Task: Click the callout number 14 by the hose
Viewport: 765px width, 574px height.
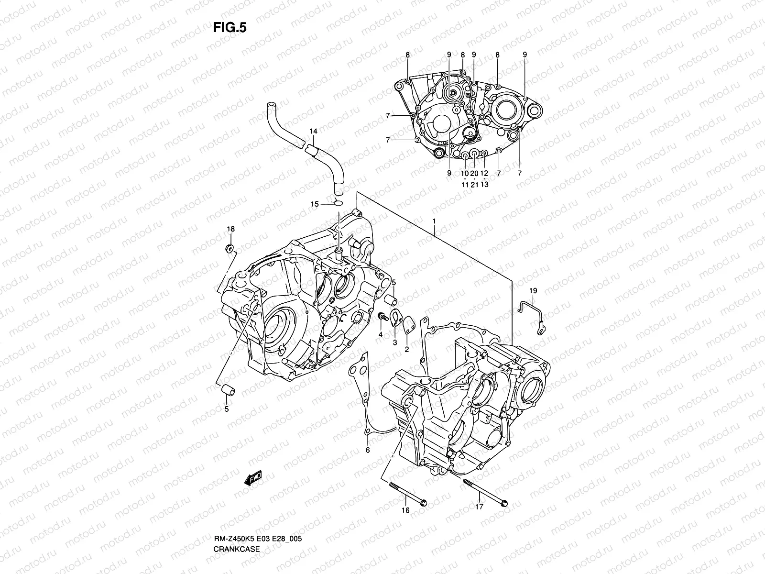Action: pos(313,131)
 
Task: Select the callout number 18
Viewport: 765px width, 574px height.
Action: pos(230,230)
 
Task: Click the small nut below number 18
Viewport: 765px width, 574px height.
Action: pos(230,248)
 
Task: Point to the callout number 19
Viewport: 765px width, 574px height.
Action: pos(533,290)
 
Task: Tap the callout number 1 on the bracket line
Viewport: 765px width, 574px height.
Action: pos(434,222)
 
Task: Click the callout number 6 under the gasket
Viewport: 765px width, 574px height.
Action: pos(368,450)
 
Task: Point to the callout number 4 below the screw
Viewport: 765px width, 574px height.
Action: pos(381,334)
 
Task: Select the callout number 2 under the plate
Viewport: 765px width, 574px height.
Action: pos(407,350)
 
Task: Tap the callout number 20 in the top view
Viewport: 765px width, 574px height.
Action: pos(474,173)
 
